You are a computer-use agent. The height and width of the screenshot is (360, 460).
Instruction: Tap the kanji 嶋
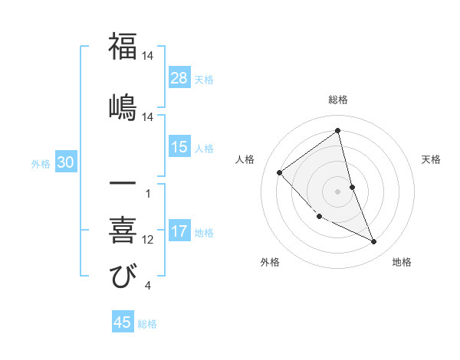(x=123, y=105)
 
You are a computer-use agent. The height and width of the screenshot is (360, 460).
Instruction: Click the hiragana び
(x=123, y=275)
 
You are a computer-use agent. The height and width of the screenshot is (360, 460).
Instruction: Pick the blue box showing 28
(x=179, y=77)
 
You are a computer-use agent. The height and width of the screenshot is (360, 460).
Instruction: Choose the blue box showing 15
(x=179, y=147)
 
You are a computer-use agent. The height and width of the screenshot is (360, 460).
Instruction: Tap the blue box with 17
(x=179, y=231)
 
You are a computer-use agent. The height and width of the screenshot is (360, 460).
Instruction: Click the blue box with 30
(x=65, y=162)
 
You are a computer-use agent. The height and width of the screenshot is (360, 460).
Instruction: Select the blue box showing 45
(x=123, y=322)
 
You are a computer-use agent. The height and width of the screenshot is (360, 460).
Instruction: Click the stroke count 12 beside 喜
(x=148, y=240)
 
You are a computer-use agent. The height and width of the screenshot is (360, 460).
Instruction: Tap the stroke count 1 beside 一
(x=147, y=194)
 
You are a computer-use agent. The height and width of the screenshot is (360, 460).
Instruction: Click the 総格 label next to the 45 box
(x=147, y=324)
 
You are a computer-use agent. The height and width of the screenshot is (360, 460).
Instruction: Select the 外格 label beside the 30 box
(x=41, y=163)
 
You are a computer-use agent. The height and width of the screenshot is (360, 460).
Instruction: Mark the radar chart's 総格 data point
(x=338, y=130)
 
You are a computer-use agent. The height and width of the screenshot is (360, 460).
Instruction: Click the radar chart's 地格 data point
(x=374, y=242)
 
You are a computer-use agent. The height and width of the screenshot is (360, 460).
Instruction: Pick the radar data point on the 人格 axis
(x=280, y=172)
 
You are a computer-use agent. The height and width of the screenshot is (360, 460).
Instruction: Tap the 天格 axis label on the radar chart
(x=432, y=159)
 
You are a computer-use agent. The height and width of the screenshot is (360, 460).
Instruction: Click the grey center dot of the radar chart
(x=338, y=191)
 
